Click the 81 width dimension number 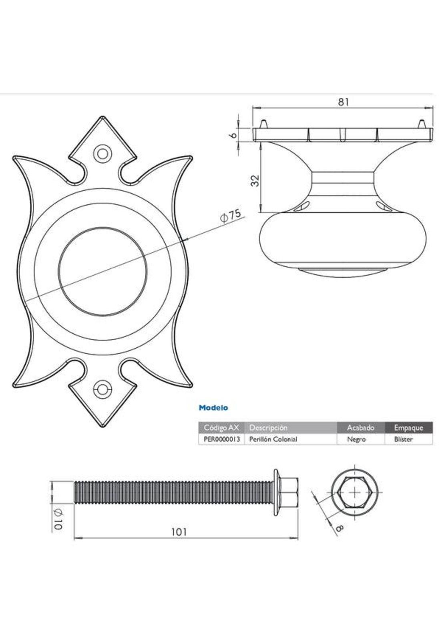coord(343,102)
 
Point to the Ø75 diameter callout coord(231,216)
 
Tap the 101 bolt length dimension coord(179,532)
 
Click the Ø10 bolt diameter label coord(57,520)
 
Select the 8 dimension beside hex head coord(339,528)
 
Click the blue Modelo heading coord(213,408)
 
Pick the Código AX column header coord(221,427)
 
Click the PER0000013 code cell coord(221,439)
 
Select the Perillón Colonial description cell coord(273,439)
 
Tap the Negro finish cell coord(356,439)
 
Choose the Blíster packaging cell coord(404,439)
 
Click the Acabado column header coord(360,427)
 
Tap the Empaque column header coord(408,427)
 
